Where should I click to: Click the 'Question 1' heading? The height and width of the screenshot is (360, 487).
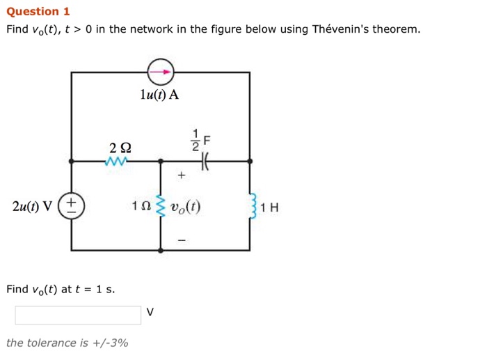coord(38,11)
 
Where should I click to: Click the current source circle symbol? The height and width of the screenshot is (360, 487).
coord(161,72)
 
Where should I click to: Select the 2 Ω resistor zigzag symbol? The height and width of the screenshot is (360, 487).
coord(117,162)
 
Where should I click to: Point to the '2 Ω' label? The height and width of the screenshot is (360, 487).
coord(120,147)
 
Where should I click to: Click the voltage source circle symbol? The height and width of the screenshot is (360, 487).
coord(72,207)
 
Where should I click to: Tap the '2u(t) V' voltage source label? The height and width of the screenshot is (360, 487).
coord(32,207)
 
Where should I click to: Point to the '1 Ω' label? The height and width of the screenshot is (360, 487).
coord(141,207)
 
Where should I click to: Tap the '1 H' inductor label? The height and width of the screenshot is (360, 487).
coord(270,208)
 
